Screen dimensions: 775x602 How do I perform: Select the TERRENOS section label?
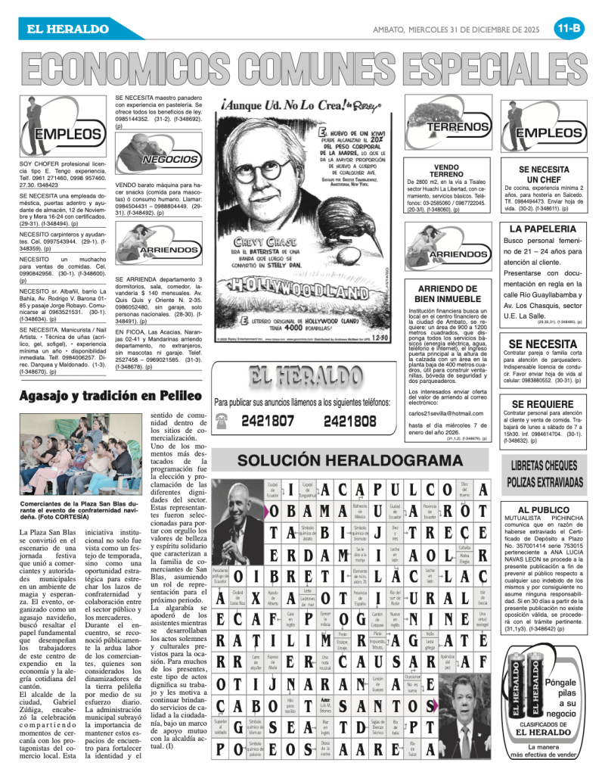pos(458,127)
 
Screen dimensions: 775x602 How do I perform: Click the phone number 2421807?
pos(268,420)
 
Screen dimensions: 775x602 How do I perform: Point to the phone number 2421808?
pos(350,420)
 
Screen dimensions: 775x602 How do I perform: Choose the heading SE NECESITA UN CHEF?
pos(542,175)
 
